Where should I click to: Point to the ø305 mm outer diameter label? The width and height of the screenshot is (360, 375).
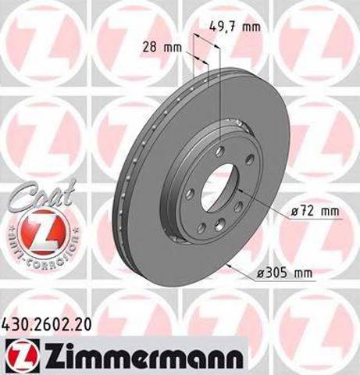pos(282,273)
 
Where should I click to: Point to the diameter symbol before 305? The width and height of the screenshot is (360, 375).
pos(259,273)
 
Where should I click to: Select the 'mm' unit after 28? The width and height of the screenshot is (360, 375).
pos(173,48)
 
